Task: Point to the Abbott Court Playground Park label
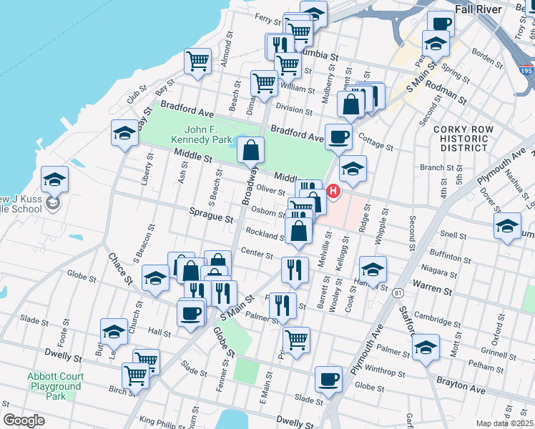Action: [x=56, y=386]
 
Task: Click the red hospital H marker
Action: [x=333, y=192]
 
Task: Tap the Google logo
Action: [x=24, y=420]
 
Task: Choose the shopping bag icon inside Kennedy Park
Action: [x=251, y=151]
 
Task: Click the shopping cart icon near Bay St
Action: [x=197, y=60]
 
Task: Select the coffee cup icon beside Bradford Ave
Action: [x=338, y=136]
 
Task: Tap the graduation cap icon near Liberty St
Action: [x=124, y=133]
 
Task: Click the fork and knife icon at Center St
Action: [x=295, y=270]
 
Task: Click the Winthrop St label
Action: [x=391, y=373]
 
